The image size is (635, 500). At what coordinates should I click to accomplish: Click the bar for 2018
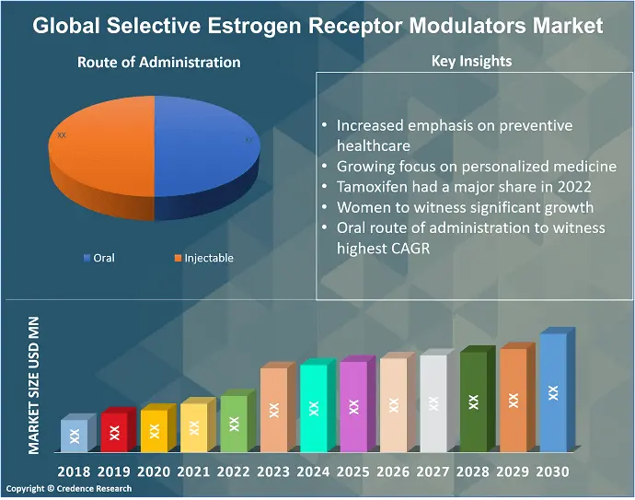pos(75,435)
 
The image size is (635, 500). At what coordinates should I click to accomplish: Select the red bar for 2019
pos(114,432)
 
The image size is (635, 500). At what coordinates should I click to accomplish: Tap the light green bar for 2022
pos(234,424)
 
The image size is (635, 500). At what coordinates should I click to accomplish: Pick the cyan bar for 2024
pos(314,407)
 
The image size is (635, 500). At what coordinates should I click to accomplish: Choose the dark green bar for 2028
pos(473,401)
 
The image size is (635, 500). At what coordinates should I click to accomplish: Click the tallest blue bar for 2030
pos(553,392)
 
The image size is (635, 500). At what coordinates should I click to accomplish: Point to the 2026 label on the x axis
pos(392,472)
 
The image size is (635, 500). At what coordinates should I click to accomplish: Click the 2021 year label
pos(194,472)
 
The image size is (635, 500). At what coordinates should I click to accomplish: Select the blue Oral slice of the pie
pos(207,147)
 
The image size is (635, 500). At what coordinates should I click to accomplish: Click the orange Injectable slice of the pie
pos(101,147)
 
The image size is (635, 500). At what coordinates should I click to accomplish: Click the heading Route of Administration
pos(158,63)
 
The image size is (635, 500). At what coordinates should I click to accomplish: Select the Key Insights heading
pos(471,62)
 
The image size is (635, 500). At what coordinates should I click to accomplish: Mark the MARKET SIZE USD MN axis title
pos(34,384)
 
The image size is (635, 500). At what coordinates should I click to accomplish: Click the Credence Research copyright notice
pos(69,489)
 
